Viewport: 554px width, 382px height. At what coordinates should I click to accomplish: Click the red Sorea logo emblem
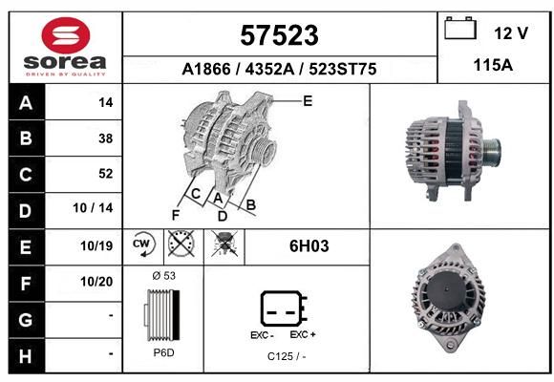coord(66,35)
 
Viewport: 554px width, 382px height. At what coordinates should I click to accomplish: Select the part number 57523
coord(280,35)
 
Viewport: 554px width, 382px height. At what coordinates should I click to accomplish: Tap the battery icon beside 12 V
coord(460,29)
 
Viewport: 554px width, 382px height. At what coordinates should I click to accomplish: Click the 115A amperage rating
coord(493,65)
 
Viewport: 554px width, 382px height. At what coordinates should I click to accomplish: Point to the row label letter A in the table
coord(26,103)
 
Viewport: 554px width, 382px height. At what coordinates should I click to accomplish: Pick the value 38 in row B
coord(106,138)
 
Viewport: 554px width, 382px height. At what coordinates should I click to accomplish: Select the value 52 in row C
coord(106,174)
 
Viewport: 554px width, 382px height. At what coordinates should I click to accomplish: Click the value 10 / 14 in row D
coord(93,208)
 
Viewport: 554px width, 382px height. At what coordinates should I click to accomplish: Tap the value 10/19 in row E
coord(96,245)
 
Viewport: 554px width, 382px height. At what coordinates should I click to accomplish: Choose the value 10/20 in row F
coord(96,282)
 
